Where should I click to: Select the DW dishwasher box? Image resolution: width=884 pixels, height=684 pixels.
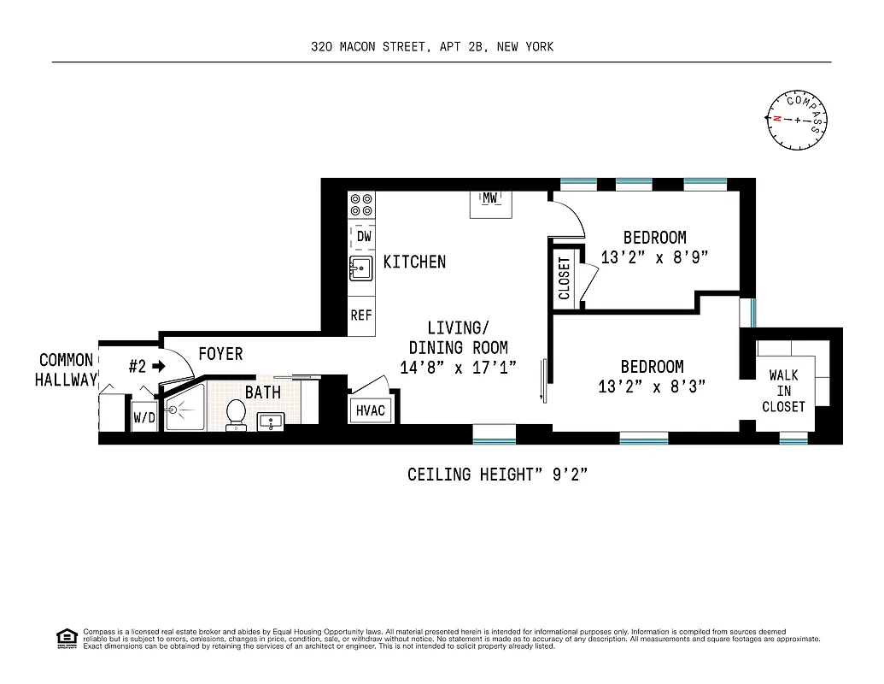pos(363,236)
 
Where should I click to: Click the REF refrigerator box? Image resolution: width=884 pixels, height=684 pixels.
pos(361,315)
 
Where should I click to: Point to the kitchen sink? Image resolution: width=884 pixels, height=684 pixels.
pos(360,270)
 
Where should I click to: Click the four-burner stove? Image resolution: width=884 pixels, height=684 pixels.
pos(361,203)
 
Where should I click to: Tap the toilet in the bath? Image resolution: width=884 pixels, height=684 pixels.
pos(236,414)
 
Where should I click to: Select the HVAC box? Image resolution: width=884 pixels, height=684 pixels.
pos(370,410)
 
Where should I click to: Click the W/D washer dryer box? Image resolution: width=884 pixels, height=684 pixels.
pos(143,419)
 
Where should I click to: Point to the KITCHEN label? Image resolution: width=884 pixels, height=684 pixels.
pos(414,262)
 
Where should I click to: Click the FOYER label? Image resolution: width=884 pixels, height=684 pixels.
pos(220,353)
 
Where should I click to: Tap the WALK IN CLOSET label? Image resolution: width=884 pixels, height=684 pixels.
pos(783,391)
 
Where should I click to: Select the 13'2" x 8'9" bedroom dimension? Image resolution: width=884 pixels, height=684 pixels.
pos(655,256)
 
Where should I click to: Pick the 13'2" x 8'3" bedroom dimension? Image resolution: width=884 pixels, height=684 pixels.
pos(652,386)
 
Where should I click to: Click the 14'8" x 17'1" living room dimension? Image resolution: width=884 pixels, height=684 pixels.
pos(459,368)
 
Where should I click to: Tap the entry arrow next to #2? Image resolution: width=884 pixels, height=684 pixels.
pos(158,367)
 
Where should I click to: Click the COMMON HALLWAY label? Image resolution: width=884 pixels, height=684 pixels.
pos(66,370)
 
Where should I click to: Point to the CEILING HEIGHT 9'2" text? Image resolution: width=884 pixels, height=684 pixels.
pos(497,475)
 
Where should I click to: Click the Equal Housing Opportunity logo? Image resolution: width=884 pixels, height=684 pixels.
pos(66,638)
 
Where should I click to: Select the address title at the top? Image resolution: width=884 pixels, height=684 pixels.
pos(432,47)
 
